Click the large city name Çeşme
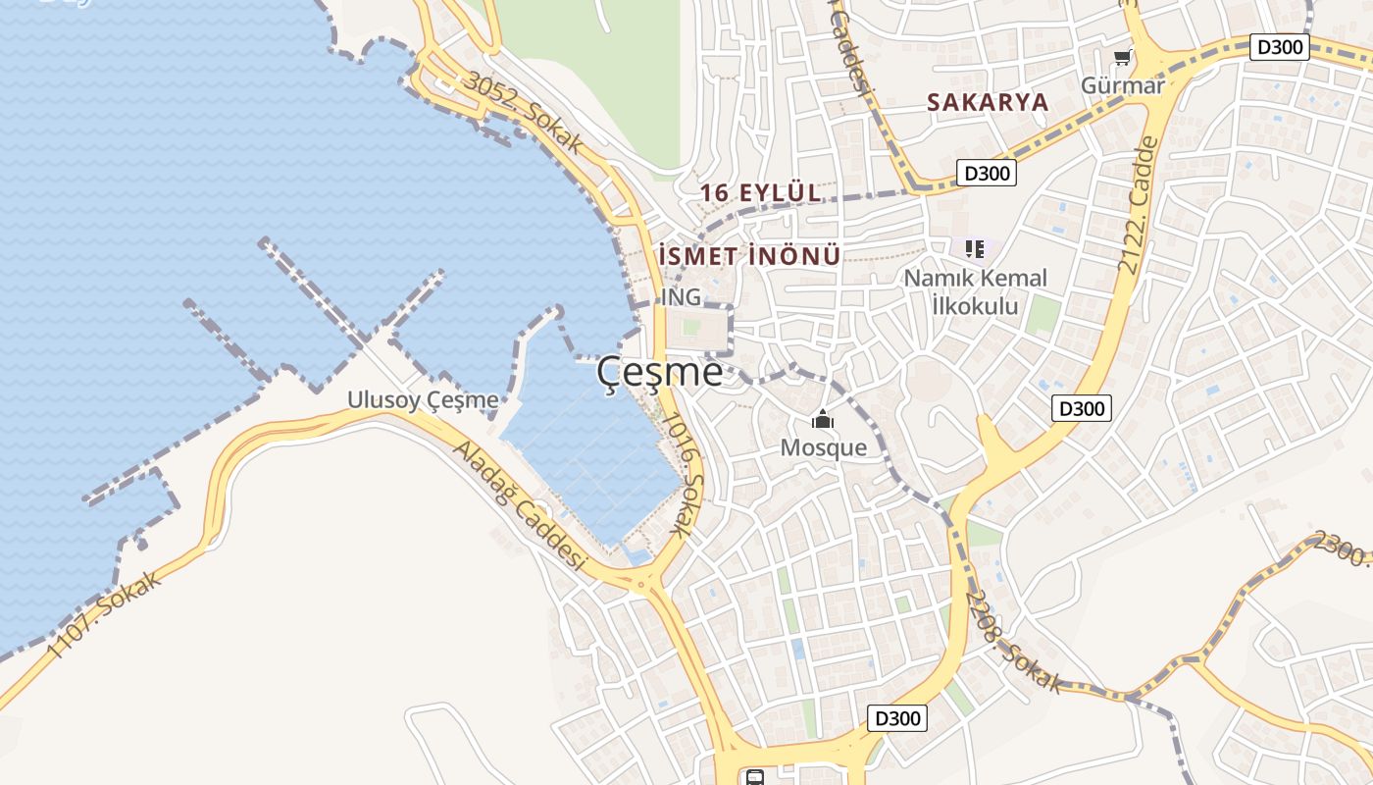(660, 373)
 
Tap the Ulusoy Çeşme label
(423, 400)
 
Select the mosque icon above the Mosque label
(822, 421)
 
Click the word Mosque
(823, 448)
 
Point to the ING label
(681, 296)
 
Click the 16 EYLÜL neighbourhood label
(761, 193)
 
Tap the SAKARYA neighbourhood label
(988, 102)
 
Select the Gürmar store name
(1123, 85)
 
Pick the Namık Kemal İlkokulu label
(975, 291)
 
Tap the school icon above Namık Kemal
(974, 249)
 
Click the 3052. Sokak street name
(524, 112)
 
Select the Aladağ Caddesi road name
(519, 506)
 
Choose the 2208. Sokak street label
(1013, 642)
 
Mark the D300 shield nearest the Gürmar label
(1280, 46)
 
